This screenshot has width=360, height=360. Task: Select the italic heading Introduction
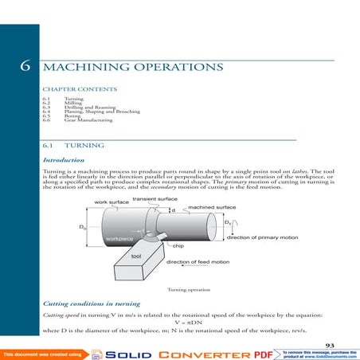click(68, 160)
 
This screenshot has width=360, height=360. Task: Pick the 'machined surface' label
click(212, 207)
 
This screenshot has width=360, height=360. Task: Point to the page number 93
click(330, 343)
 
